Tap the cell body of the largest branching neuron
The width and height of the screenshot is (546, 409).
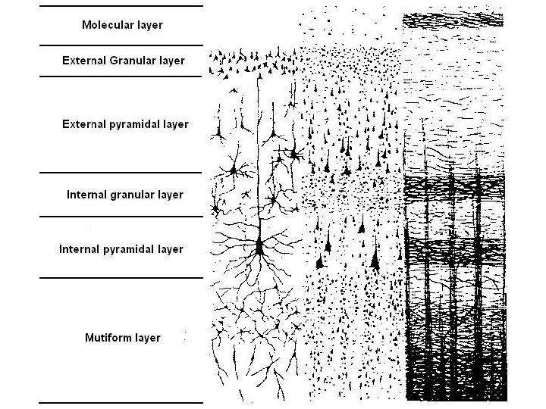[259, 246]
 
